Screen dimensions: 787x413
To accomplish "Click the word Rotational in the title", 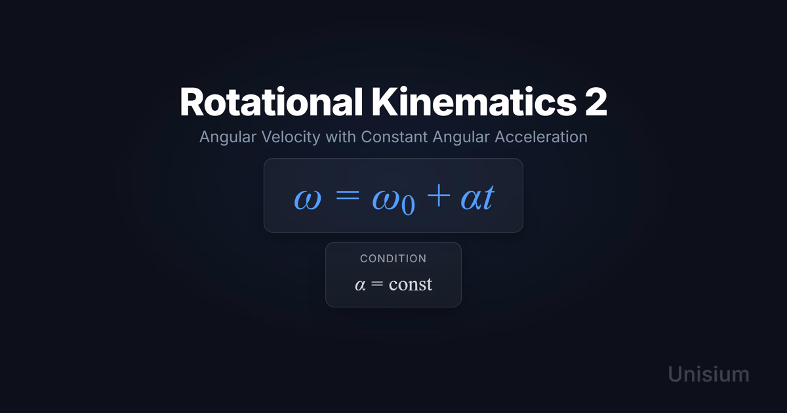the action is click(x=271, y=102).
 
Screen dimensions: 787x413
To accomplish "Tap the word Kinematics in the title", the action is click(x=474, y=102).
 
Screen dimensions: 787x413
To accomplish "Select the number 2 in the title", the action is click(x=596, y=102).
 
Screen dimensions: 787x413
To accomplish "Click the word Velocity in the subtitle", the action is click(x=291, y=137).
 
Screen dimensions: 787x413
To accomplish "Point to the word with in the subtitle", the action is click(x=340, y=136).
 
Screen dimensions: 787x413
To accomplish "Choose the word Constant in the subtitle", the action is click(x=394, y=136).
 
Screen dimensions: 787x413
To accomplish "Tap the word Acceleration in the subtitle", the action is click(x=541, y=136).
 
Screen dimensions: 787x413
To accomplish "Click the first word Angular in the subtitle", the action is click(x=228, y=137).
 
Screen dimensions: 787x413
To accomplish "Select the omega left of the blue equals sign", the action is click(x=308, y=200).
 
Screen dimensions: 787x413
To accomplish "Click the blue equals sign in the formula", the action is click(x=348, y=195).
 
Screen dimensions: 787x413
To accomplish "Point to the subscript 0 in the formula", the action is click(x=408, y=205).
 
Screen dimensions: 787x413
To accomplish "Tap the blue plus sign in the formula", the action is click(x=439, y=195).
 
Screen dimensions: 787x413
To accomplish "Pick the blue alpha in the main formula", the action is click(x=471, y=200).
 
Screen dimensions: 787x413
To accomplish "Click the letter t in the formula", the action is click(x=489, y=197).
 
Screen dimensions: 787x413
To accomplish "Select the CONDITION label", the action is click(x=393, y=258).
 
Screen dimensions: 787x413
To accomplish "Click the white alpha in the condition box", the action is click(x=360, y=285).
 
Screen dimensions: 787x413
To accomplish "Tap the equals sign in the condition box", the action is click(x=377, y=283).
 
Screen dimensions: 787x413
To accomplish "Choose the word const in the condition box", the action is click(x=411, y=284).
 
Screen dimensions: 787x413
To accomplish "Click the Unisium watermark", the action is click(x=708, y=374).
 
